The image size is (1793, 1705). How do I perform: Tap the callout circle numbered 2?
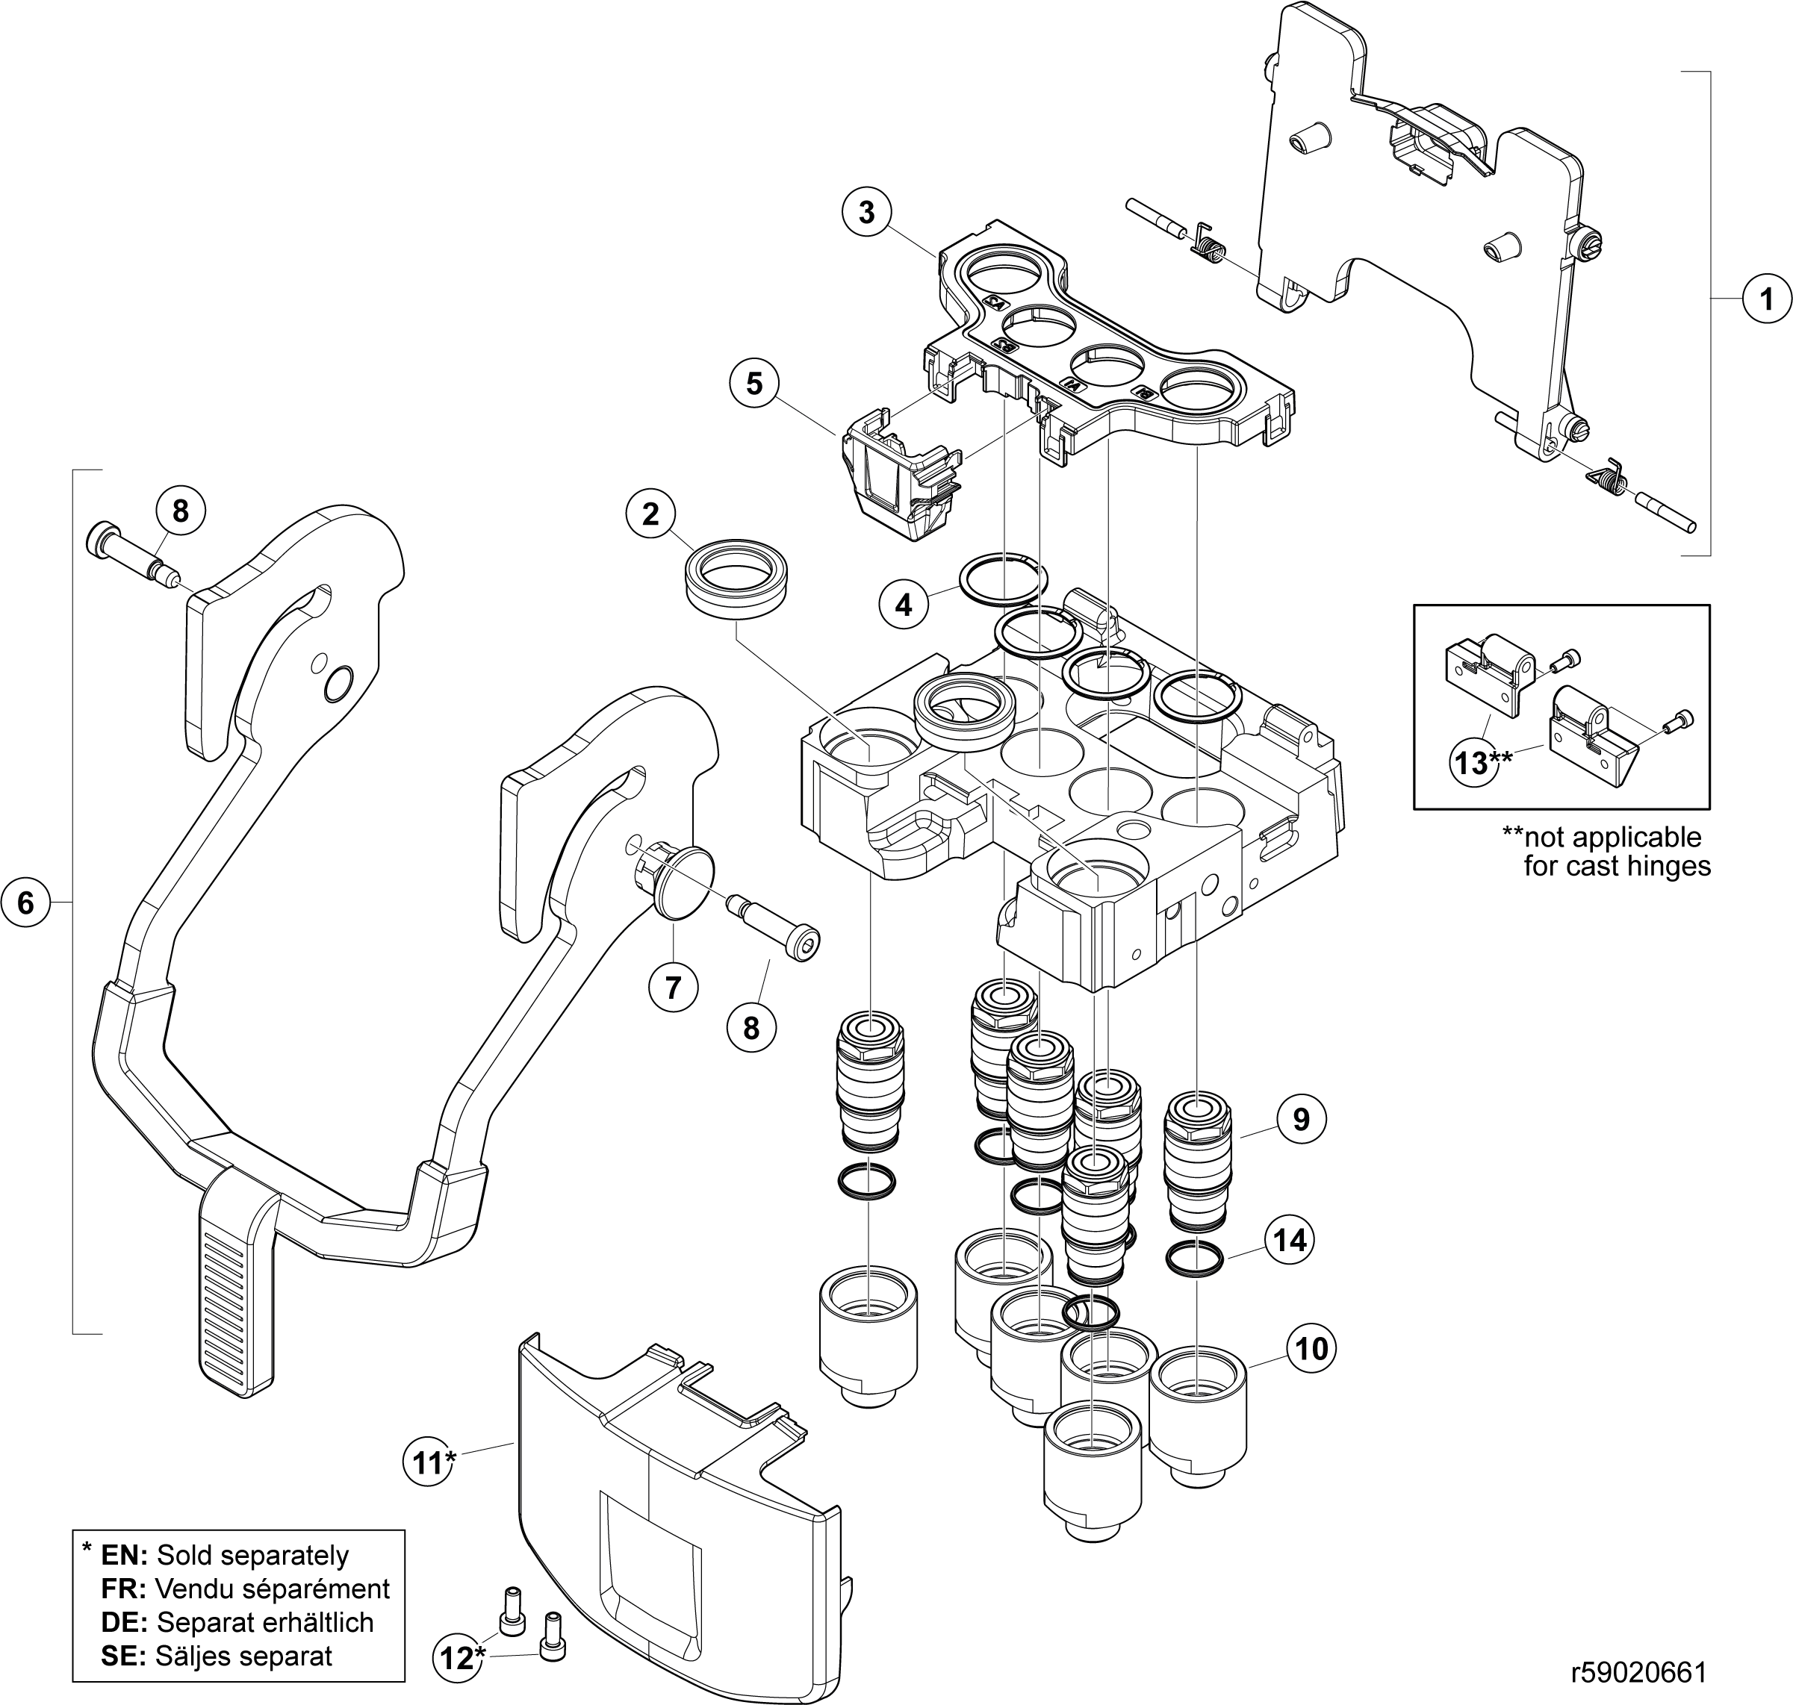click(650, 514)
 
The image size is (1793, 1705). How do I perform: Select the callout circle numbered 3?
click(866, 212)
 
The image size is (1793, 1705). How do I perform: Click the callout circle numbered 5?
click(753, 384)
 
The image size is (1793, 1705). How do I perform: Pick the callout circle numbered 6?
click(25, 903)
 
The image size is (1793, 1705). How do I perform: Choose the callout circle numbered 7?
click(673, 987)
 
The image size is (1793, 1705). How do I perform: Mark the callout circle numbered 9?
click(1301, 1120)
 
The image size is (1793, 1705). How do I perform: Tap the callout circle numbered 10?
click(1311, 1349)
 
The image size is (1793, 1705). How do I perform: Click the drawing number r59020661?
click(1638, 1671)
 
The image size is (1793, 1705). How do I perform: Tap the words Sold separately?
click(252, 1555)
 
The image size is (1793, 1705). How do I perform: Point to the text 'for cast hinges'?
click(1617, 866)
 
